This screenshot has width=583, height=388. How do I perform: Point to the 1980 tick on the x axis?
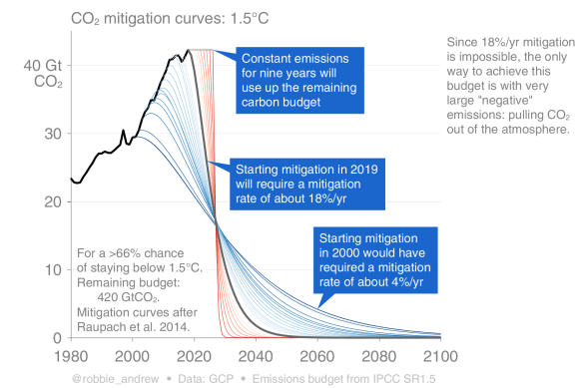point(71,355)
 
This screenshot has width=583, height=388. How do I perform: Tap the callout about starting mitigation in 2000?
point(375,260)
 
